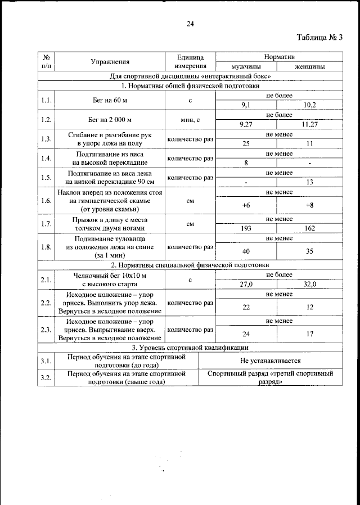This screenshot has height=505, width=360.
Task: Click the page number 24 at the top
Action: tap(190, 24)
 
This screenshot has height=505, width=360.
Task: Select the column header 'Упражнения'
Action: tap(110, 62)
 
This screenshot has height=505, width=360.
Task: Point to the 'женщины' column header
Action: tap(309, 67)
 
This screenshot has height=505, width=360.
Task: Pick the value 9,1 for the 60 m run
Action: tap(246, 105)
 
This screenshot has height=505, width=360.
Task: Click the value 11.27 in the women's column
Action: tap(309, 125)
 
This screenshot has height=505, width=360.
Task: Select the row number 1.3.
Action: tap(46, 139)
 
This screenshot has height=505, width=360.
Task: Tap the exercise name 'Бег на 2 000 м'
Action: tap(110, 120)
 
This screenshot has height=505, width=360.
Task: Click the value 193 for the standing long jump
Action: tap(246, 229)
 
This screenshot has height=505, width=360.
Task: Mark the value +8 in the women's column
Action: tap(309, 205)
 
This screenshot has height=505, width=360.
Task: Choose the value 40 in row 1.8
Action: tap(246, 251)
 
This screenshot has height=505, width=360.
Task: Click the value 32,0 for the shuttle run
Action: tap(309, 285)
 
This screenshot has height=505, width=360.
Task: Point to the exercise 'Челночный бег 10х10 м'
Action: tap(110, 276)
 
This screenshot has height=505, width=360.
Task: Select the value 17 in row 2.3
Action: tap(309, 334)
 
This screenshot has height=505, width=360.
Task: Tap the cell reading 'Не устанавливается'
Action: tap(270, 360)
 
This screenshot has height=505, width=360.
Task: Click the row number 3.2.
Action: tap(46, 378)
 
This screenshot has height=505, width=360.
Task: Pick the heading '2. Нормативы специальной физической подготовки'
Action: tap(190, 264)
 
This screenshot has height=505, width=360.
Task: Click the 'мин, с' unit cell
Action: tap(190, 120)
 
